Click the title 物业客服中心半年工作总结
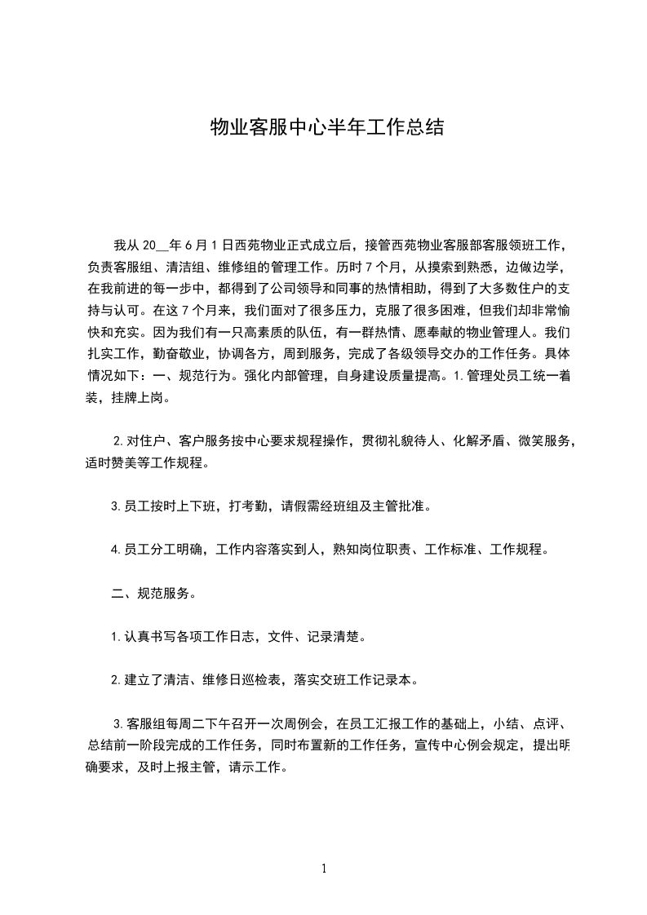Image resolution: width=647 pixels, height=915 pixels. click(326, 127)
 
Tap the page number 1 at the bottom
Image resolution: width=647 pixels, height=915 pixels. click(324, 869)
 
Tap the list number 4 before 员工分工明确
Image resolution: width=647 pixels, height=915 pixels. click(115, 550)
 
